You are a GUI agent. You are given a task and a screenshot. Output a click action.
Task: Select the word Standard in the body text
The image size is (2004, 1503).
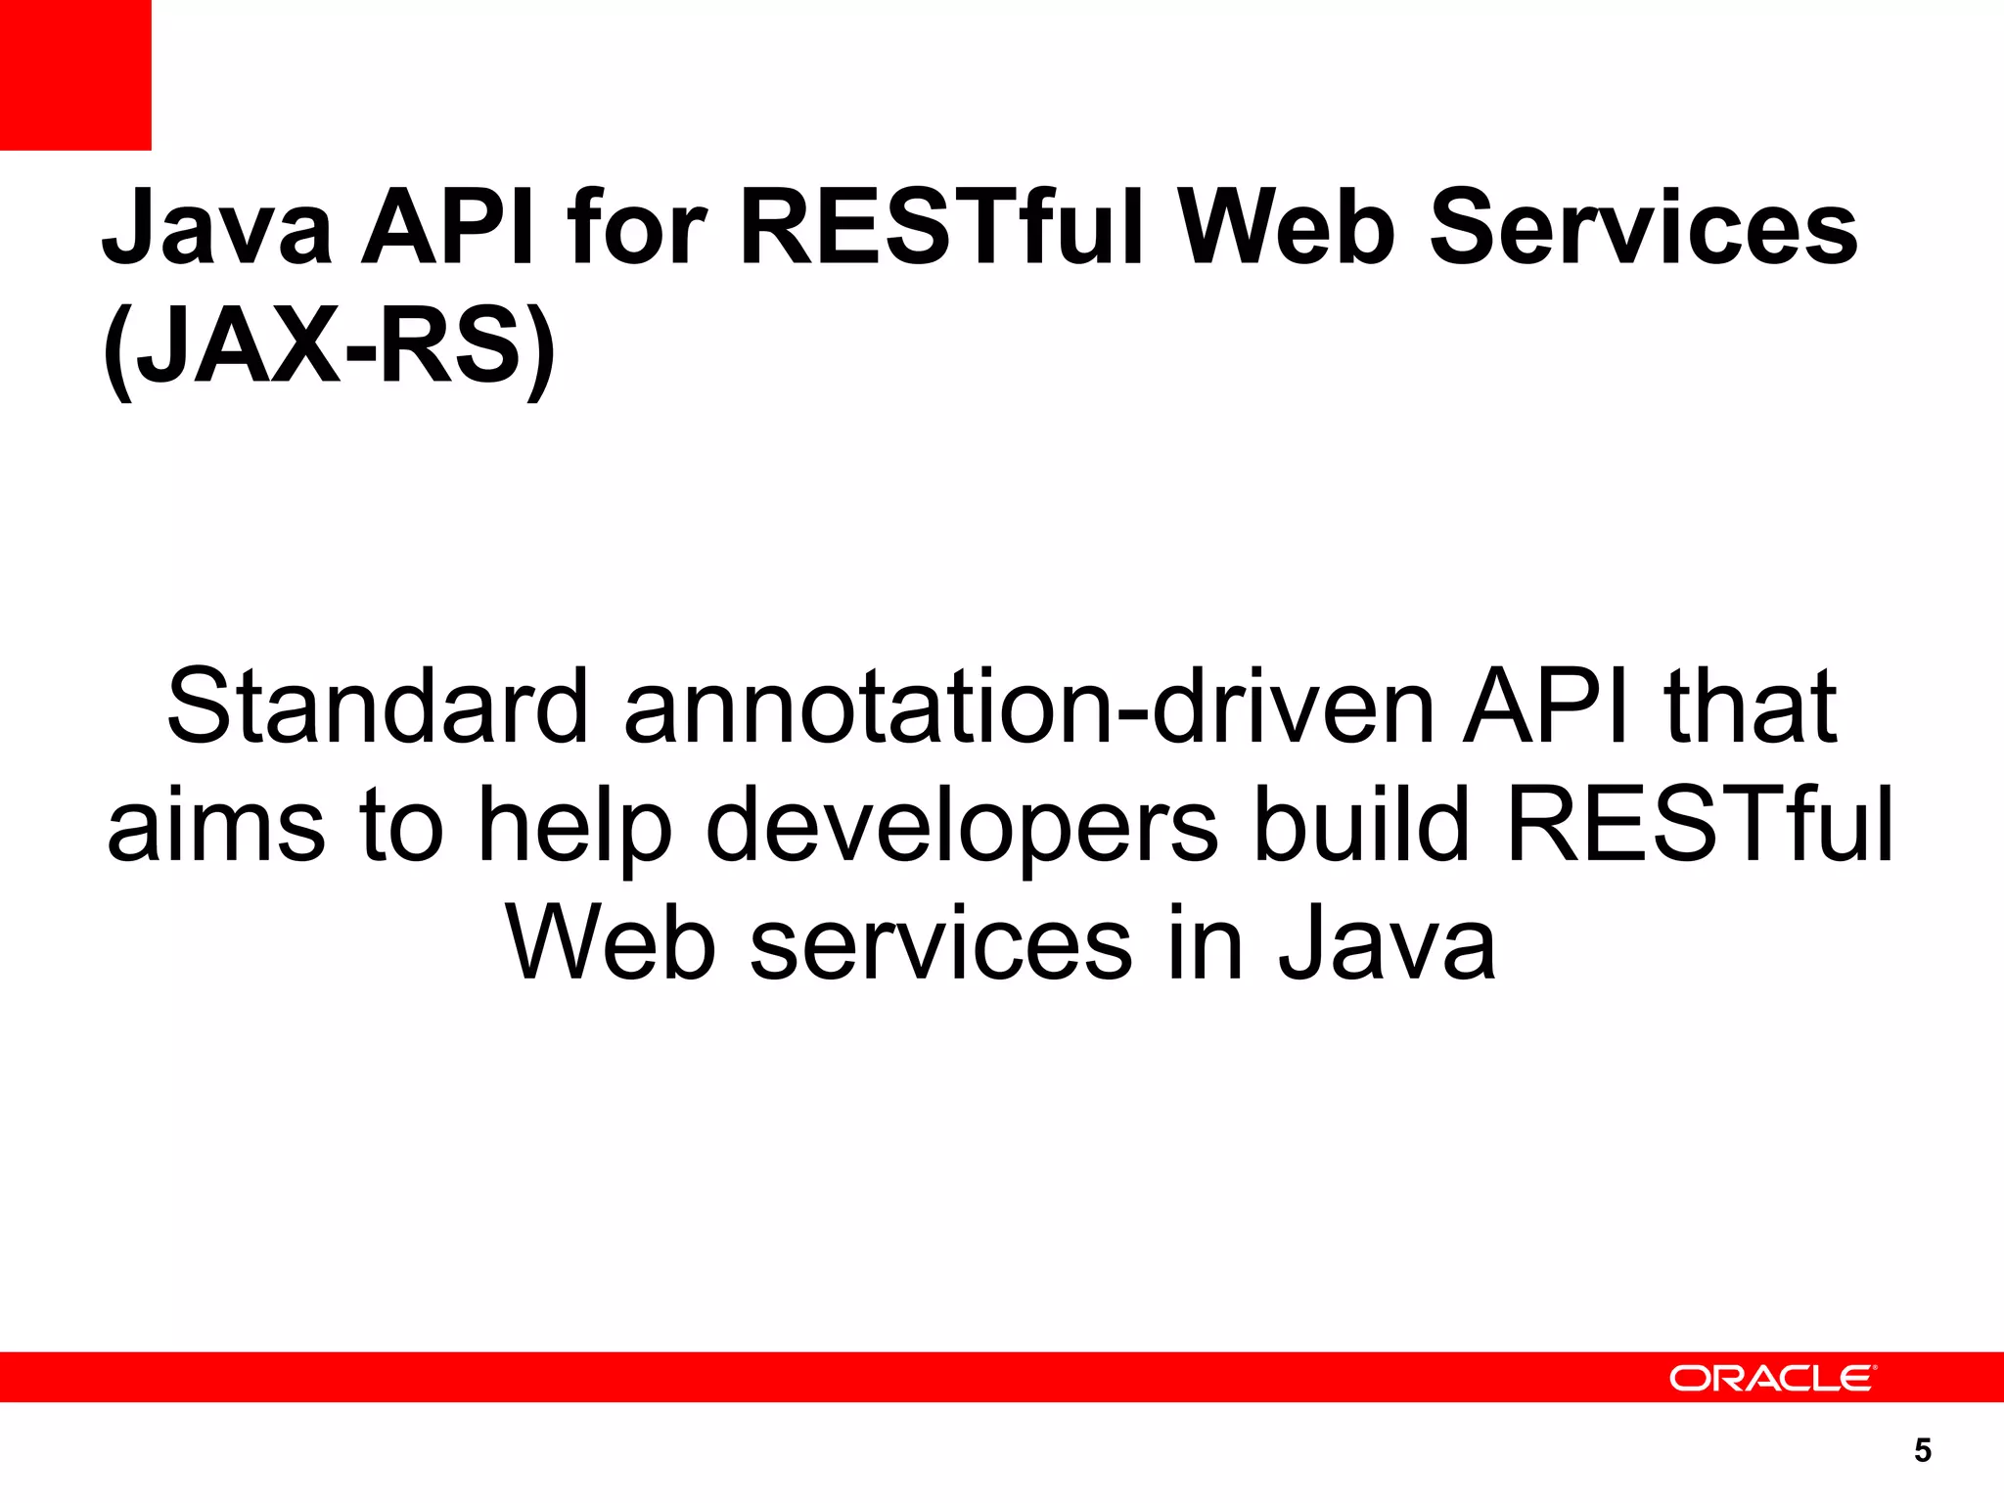click(x=378, y=706)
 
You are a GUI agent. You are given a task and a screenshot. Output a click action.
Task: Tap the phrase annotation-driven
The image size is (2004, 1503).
click(x=1028, y=706)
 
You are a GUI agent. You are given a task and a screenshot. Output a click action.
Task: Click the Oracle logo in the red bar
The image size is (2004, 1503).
click(x=1771, y=1378)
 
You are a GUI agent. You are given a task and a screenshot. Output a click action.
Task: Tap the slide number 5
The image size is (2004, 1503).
click(x=1923, y=1450)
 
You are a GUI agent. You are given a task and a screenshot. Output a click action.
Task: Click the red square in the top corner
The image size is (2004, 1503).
click(x=75, y=75)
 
